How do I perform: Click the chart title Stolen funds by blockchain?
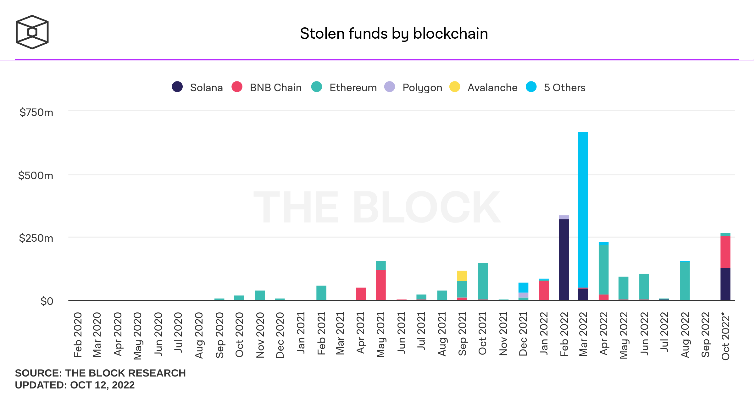pos(394,34)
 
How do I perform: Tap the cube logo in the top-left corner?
pos(32,32)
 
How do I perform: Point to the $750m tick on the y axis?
pos(36,113)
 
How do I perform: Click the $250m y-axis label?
pos(36,238)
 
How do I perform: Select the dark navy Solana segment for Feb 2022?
pos(564,259)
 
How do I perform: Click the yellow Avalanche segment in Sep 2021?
pos(462,276)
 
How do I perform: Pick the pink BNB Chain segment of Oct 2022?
pos(725,252)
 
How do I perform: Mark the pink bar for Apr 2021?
pos(361,294)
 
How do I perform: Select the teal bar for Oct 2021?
pos(482,281)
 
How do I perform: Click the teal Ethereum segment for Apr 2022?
pos(603,270)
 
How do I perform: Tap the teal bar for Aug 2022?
pos(685,281)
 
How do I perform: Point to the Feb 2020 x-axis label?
pos(78,335)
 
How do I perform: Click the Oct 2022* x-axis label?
pos(725,336)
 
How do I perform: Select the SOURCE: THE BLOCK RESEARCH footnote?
pos(100,373)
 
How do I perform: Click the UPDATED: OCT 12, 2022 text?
pos(75,385)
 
